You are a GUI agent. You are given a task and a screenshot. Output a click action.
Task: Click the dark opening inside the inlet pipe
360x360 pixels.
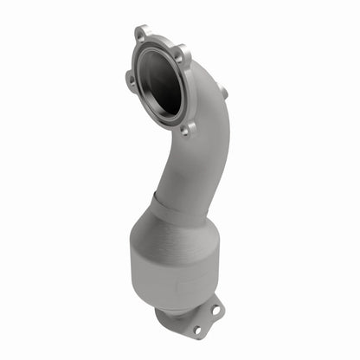[162, 82]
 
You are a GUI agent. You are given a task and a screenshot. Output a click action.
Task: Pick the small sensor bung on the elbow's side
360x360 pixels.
[223, 91]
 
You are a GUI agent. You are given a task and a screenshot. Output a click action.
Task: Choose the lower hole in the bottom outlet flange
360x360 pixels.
[197, 329]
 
